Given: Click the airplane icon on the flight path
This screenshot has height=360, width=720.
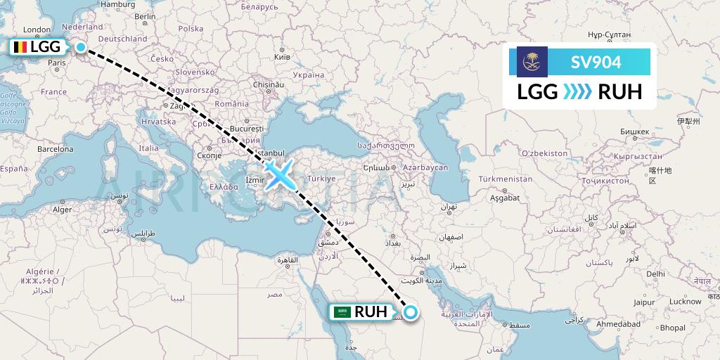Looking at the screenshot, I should coord(280,174).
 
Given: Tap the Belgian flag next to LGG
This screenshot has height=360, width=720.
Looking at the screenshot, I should coord(18,47).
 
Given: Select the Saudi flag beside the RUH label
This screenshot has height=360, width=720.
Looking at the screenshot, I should coord(342,311).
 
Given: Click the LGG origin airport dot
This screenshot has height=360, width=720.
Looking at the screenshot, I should coord(82,47).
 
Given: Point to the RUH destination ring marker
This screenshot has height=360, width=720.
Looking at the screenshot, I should coord(411,312).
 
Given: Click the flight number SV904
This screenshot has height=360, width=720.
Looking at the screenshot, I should coord(596,63).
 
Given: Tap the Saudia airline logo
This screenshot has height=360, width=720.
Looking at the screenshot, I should coord(532,63).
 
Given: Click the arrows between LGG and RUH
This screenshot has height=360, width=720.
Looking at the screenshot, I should coord(577,92).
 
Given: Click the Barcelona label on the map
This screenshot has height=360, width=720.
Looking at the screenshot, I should coord(55,149).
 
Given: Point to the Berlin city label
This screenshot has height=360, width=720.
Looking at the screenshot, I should coord(145,16).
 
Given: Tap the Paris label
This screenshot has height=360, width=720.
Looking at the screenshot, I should coord(57,63).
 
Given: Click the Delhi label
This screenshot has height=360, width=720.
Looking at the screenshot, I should coord(655,274).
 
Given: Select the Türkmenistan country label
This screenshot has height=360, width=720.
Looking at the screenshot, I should coord(504,179).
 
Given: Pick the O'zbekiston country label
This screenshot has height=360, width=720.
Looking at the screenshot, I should coord(544,153).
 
